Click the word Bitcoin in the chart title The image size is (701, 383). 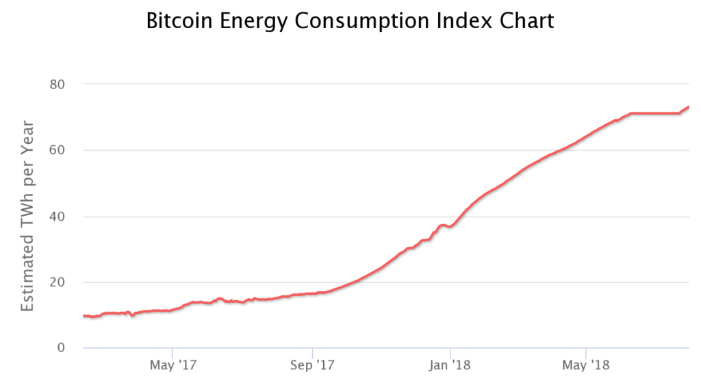click(179, 21)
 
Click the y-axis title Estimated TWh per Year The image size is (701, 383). click(27, 216)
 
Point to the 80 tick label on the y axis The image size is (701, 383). click(57, 84)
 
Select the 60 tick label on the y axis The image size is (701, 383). click(57, 150)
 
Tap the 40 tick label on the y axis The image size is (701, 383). click(57, 216)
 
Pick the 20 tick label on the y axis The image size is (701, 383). click(57, 282)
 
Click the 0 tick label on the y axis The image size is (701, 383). click(61, 347)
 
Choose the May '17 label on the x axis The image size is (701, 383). click(173, 365)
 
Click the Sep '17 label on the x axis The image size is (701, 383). click(312, 365)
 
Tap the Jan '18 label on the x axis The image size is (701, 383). click(450, 365)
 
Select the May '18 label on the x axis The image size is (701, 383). click(586, 365)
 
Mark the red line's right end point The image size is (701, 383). click(689, 106)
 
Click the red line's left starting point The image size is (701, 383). click(84, 316)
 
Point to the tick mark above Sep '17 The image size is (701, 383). click(312, 353)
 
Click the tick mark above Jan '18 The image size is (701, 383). click(450, 353)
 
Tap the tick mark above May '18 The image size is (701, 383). click(586, 353)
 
